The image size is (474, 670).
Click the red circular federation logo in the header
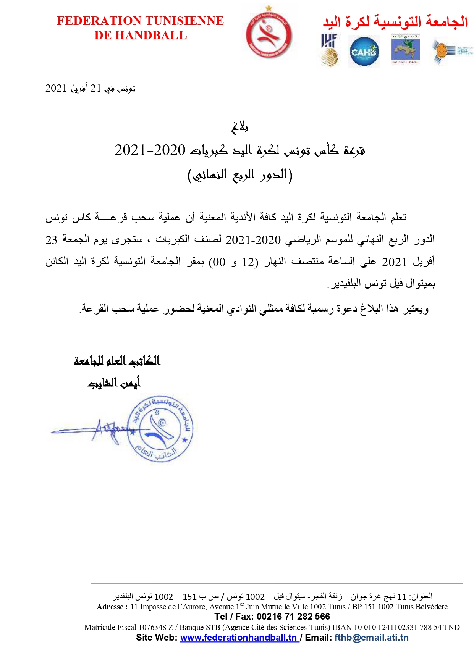(x=269, y=35)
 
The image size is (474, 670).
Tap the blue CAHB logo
(x=364, y=52)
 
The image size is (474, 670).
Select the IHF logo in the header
(x=329, y=50)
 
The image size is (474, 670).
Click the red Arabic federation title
(x=395, y=21)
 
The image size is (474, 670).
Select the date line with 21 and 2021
(x=90, y=89)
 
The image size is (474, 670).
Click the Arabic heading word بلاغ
(x=240, y=127)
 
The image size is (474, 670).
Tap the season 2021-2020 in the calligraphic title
(x=150, y=150)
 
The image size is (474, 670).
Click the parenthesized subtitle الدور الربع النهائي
(x=240, y=175)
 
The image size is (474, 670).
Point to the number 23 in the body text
(x=51, y=240)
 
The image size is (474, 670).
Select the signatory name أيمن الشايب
(x=114, y=382)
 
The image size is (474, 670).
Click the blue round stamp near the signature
(x=160, y=428)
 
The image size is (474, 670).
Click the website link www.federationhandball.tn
(x=239, y=638)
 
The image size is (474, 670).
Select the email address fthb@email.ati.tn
(x=371, y=638)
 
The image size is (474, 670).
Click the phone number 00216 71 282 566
(x=293, y=617)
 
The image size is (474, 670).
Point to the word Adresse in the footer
(x=110, y=607)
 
